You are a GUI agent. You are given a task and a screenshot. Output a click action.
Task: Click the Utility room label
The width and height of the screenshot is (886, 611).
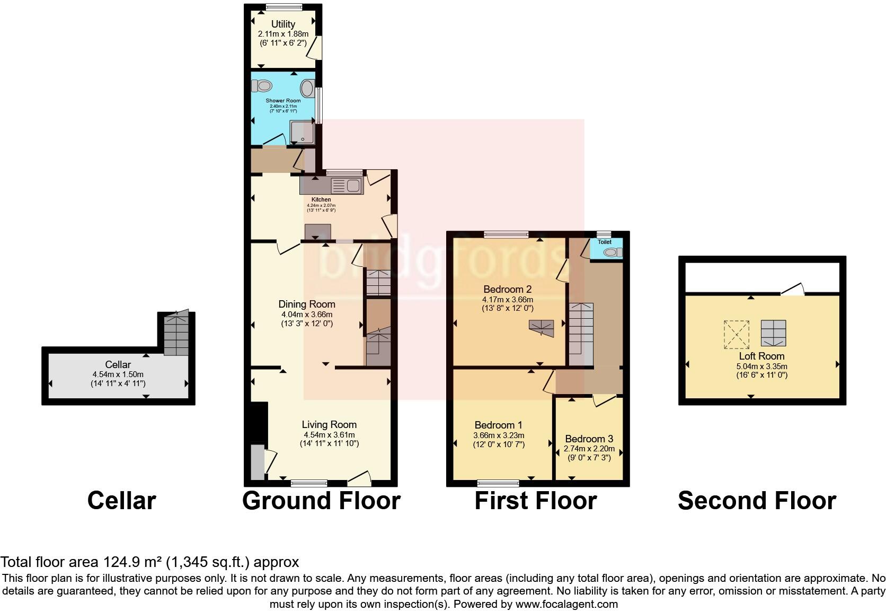tap(283, 24)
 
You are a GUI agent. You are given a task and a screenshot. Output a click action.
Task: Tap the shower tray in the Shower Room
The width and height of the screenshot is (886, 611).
tap(302, 132)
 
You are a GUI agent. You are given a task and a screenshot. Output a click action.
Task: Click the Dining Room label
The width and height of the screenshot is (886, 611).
tap(307, 304)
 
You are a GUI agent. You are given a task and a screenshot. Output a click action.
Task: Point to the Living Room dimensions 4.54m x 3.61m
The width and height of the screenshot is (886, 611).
tap(329, 435)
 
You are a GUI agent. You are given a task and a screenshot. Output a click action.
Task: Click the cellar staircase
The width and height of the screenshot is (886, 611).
tap(176, 335)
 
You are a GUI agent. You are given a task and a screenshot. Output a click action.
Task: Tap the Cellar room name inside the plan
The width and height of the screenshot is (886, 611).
tap(118, 365)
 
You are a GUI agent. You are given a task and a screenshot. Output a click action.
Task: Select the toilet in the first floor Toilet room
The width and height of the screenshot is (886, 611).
tap(613, 252)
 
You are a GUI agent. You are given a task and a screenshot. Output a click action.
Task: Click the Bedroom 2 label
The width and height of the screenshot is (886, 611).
tap(507, 290)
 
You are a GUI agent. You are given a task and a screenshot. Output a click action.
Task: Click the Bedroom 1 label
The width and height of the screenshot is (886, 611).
tap(498, 425)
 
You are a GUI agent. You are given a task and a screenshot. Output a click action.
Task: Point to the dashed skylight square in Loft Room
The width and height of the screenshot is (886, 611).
tap(737, 334)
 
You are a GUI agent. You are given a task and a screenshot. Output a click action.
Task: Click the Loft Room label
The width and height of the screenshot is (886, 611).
tap(761, 356)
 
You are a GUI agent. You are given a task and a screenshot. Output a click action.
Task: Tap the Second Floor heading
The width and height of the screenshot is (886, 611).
tap(757, 501)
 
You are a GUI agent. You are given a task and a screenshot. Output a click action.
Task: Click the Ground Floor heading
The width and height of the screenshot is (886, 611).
tap(321, 501)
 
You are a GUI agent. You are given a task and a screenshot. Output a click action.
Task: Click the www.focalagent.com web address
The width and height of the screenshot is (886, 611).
tap(566, 604)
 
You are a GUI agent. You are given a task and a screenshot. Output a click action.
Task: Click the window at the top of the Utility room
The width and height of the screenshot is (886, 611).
tap(283, 7)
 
